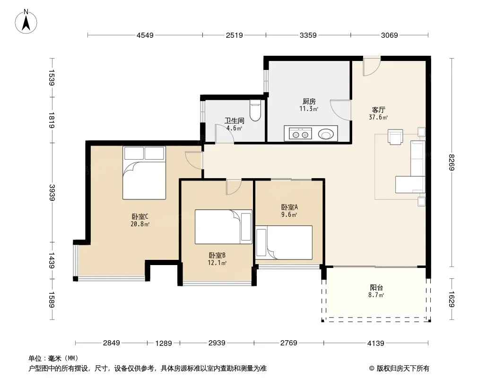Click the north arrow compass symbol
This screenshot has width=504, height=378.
point(26,22)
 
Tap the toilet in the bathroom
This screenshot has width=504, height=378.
point(255,111)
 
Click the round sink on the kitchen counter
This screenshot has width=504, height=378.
point(326,134)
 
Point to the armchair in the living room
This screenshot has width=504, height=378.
point(395,137)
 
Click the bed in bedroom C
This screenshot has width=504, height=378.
point(144,173)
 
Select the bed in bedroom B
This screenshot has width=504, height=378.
point(223,227)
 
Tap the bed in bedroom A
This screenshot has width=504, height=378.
point(284,242)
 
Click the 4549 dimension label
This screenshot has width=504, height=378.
point(145,35)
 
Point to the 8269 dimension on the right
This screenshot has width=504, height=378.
point(452,163)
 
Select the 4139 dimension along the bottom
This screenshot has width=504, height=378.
point(376,344)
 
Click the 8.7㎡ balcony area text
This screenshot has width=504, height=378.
point(376,295)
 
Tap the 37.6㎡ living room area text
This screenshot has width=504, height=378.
point(378,117)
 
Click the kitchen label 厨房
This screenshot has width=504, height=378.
point(309,102)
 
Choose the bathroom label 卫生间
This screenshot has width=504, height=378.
point(235,121)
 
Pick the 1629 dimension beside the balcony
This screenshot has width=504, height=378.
point(452,299)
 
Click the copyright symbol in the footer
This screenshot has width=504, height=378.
point(372,369)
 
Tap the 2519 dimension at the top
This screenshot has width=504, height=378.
point(234,35)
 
